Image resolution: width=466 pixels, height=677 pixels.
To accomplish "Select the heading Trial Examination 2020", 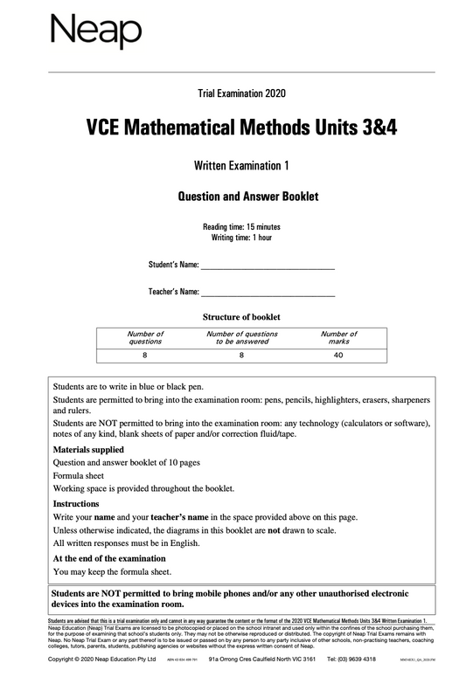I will point(241,93).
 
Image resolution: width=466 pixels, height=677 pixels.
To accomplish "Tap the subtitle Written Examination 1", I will point(241,165).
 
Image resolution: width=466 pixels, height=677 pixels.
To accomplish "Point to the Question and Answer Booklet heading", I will point(241,197).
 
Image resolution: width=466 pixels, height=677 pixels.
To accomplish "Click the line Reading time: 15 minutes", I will point(241,227).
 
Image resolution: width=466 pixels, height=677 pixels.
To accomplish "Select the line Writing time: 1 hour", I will point(241,238).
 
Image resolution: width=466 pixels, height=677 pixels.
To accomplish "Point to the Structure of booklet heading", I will point(241,317).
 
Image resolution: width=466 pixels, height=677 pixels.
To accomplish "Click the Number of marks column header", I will point(338,337).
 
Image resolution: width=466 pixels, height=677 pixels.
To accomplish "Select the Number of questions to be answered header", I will point(241,337).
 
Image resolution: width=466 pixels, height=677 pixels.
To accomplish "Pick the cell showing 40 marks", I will point(338,356).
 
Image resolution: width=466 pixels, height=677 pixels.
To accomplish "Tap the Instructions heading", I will point(76,504).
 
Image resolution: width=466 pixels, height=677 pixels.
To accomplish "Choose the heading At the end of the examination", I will point(109,558).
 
